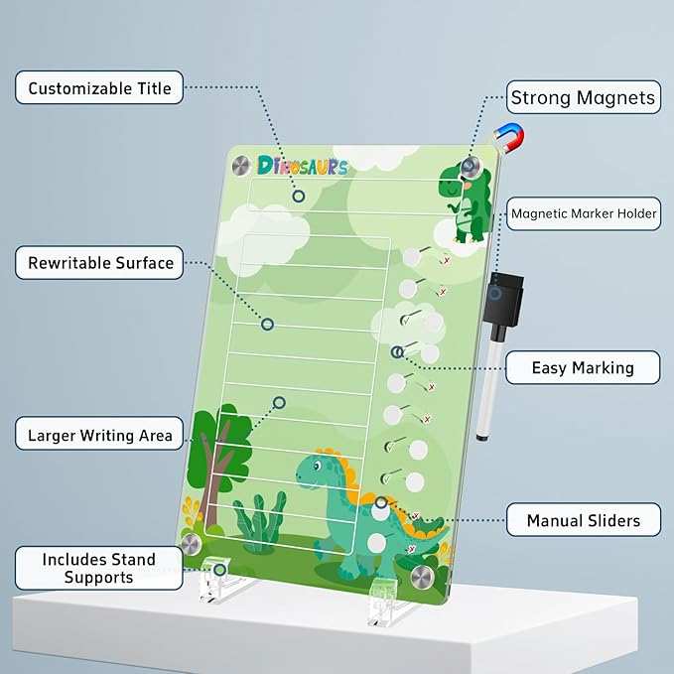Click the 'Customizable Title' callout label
coord(99,87)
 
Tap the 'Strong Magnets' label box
coord(584,97)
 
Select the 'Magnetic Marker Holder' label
coord(584,213)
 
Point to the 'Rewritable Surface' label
coord(99,263)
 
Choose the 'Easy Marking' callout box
coord(583,367)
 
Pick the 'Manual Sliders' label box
coord(584,520)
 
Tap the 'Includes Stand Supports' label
coord(99,568)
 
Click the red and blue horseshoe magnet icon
coord(510,138)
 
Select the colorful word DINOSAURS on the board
coord(302,166)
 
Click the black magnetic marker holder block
coord(502,297)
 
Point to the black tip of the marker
coord(481,437)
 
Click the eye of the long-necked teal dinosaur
coord(317,466)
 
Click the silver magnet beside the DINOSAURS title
coord(241,166)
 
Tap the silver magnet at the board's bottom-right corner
coord(422,578)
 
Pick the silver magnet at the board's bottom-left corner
coord(191,544)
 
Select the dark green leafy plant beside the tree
coord(259,521)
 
